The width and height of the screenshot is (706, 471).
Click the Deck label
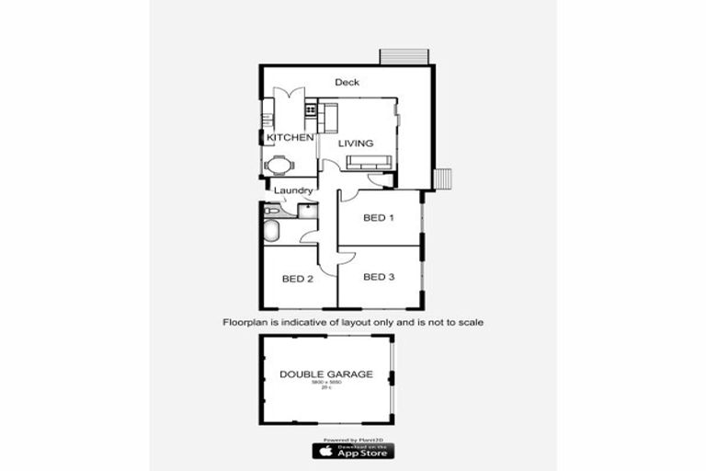pyautogui.click(x=347, y=83)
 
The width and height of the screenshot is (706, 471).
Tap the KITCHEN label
pyautogui.click(x=283, y=138)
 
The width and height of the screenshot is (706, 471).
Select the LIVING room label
pyautogui.click(x=355, y=144)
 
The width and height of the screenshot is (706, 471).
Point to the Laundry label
pyautogui.click(x=294, y=191)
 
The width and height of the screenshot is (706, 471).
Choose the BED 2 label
pyautogui.click(x=298, y=279)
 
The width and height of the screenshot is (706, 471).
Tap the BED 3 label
pyautogui.click(x=379, y=277)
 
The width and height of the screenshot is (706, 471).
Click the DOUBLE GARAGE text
pyautogui.click(x=326, y=374)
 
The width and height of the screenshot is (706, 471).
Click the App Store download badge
pyautogui.click(x=353, y=450)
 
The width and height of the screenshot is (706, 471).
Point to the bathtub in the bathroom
pyautogui.click(x=272, y=230)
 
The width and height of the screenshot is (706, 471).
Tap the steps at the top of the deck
pyautogui.click(x=404, y=56)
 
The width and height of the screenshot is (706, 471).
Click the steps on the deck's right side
pyautogui.click(x=443, y=178)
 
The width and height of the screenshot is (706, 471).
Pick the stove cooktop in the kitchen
pyautogui.click(x=311, y=109)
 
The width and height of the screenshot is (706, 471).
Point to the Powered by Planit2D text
pyautogui.click(x=353, y=438)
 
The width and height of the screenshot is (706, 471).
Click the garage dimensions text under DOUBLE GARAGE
pyautogui.click(x=326, y=384)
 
